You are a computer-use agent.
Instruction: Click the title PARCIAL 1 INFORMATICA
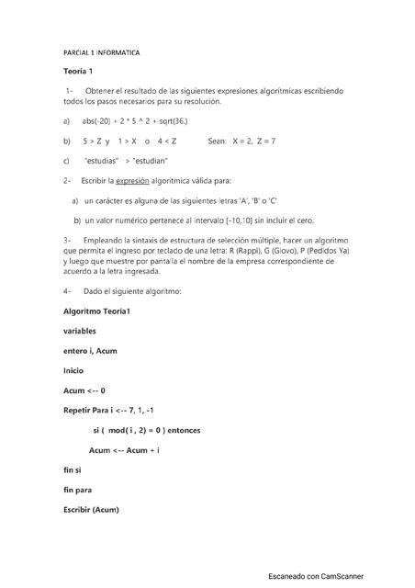pyautogui.click(x=101, y=53)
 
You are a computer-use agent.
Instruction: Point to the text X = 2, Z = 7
pyautogui.click(x=242, y=141)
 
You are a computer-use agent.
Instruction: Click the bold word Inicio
pyautogui.click(x=73, y=371)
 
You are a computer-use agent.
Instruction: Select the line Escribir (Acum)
pyautogui.click(x=91, y=510)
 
